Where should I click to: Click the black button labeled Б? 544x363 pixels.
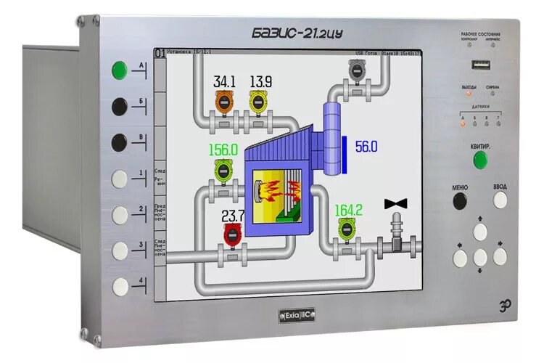tap(120, 106)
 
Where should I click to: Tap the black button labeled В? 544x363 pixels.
tap(120, 142)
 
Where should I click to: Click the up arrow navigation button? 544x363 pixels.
tap(480, 232)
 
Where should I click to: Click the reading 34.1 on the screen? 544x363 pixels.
tap(224, 82)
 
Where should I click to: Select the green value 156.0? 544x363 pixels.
tap(223, 150)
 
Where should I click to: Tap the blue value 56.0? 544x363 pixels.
tap(366, 147)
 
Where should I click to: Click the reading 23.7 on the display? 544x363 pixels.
tap(234, 216)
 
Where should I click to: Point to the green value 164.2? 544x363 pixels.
tap(348, 210)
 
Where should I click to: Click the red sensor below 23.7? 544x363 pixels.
tap(233, 234)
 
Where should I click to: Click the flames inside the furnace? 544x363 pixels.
tap(279, 192)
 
